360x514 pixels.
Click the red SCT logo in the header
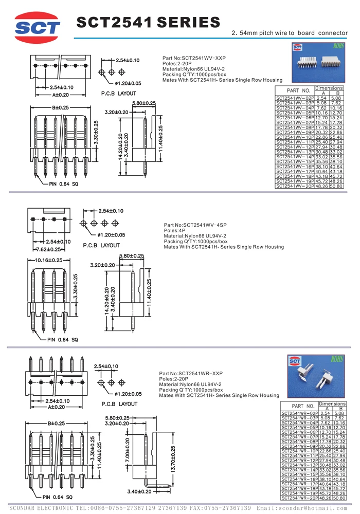click(x=38, y=27)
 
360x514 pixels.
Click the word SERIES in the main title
click(x=188, y=23)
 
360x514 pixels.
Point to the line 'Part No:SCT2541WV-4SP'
click(x=195, y=225)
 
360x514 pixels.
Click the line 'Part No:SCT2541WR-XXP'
click(x=191, y=373)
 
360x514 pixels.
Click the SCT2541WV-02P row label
click(x=295, y=98)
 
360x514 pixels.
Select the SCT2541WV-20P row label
click(x=295, y=186)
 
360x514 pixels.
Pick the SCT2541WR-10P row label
click(x=299, y=450)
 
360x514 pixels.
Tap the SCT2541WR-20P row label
click(x=299, y=498)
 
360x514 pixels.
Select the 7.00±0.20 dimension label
click(x=128, y=446)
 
